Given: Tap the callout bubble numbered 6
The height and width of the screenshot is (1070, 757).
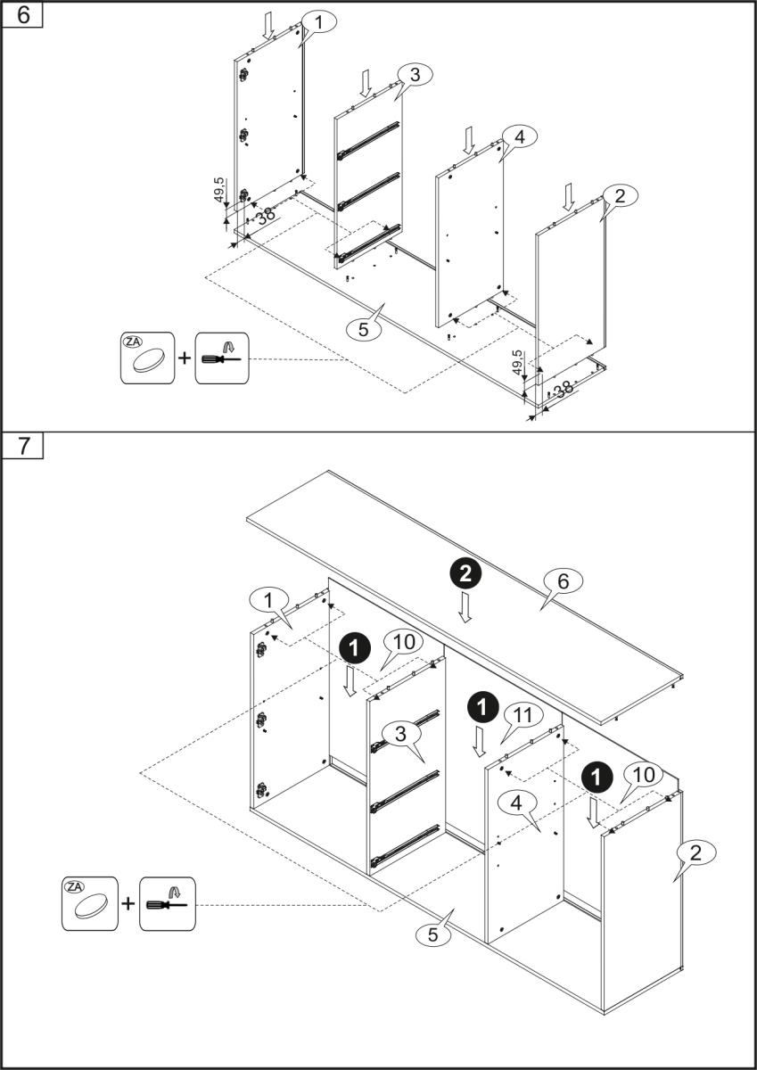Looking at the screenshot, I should (562, 580).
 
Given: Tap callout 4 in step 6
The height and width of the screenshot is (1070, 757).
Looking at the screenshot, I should (519, 136).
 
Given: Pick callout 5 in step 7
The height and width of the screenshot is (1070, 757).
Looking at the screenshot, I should (433, 934).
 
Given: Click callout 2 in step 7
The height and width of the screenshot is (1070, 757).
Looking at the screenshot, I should (696, 852).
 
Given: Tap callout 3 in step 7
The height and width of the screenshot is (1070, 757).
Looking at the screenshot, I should (401, 735).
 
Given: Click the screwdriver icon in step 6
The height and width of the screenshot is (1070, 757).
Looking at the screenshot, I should (220, 358).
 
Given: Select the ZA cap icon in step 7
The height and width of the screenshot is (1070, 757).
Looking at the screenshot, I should (89, 904).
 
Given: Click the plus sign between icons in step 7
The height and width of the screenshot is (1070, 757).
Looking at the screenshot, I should (128, 904).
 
